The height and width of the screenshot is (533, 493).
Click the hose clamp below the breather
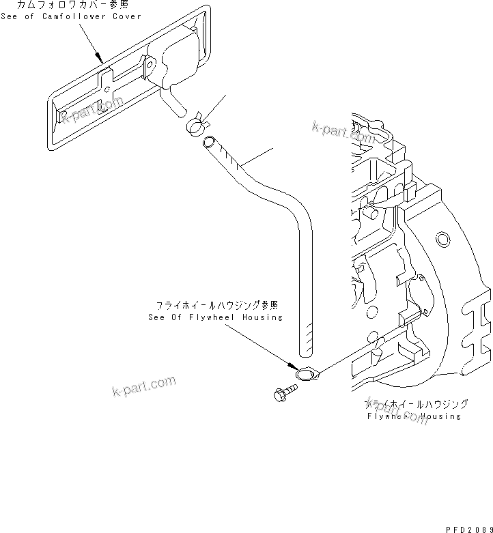(195, 124)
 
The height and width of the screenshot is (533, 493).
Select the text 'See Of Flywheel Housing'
(215, 317)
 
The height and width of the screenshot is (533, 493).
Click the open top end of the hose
(208, 142)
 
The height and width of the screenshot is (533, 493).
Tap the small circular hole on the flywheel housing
(442, 238)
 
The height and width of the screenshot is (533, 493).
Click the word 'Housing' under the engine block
(440, 416)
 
